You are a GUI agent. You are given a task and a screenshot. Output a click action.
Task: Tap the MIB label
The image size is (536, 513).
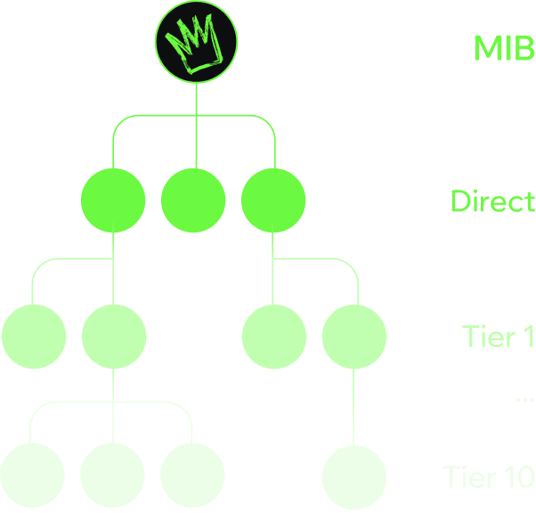[x=503, y=48]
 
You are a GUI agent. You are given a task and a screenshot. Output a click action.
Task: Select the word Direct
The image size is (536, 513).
[x=492, y=201]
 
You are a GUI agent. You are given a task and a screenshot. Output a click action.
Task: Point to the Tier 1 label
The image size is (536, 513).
[x=498, y=337]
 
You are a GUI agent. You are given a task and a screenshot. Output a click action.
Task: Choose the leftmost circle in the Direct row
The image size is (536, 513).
[x=113, y=199]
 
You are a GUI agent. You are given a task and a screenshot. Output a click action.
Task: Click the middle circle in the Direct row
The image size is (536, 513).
[x=193, y=199]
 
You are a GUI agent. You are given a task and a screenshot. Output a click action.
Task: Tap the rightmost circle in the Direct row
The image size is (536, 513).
[x=273, y=199]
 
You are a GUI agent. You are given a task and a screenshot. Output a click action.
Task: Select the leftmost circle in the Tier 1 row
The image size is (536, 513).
[x=33, y=337]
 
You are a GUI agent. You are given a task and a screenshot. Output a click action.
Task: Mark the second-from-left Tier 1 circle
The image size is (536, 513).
[x=113, y=337]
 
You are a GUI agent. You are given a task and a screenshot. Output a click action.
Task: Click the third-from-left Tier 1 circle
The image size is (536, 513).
[x=274, y=337]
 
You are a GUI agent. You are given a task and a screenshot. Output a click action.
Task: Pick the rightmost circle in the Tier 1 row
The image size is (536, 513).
[x=354, y=337]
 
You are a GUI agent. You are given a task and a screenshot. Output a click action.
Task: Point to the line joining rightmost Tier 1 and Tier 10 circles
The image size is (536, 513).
[x=354, y=406]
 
